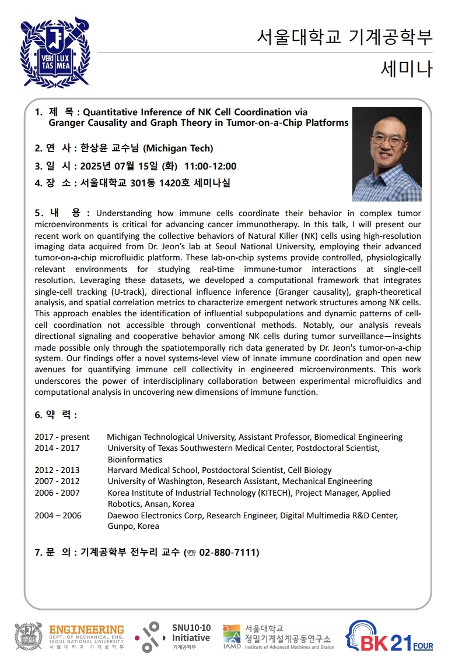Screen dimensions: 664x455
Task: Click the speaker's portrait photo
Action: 387,154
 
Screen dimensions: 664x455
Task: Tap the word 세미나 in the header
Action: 407,69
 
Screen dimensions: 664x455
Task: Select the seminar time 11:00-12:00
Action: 211,167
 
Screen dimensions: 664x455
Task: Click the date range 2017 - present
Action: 62,437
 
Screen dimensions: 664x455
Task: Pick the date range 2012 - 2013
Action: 57,470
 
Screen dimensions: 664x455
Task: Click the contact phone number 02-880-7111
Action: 229,552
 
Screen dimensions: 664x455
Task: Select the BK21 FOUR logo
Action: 389,636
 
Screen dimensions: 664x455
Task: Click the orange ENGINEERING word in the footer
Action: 86,630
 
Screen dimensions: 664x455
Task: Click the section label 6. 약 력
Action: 56,415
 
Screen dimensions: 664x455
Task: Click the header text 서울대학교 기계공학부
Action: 345,37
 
